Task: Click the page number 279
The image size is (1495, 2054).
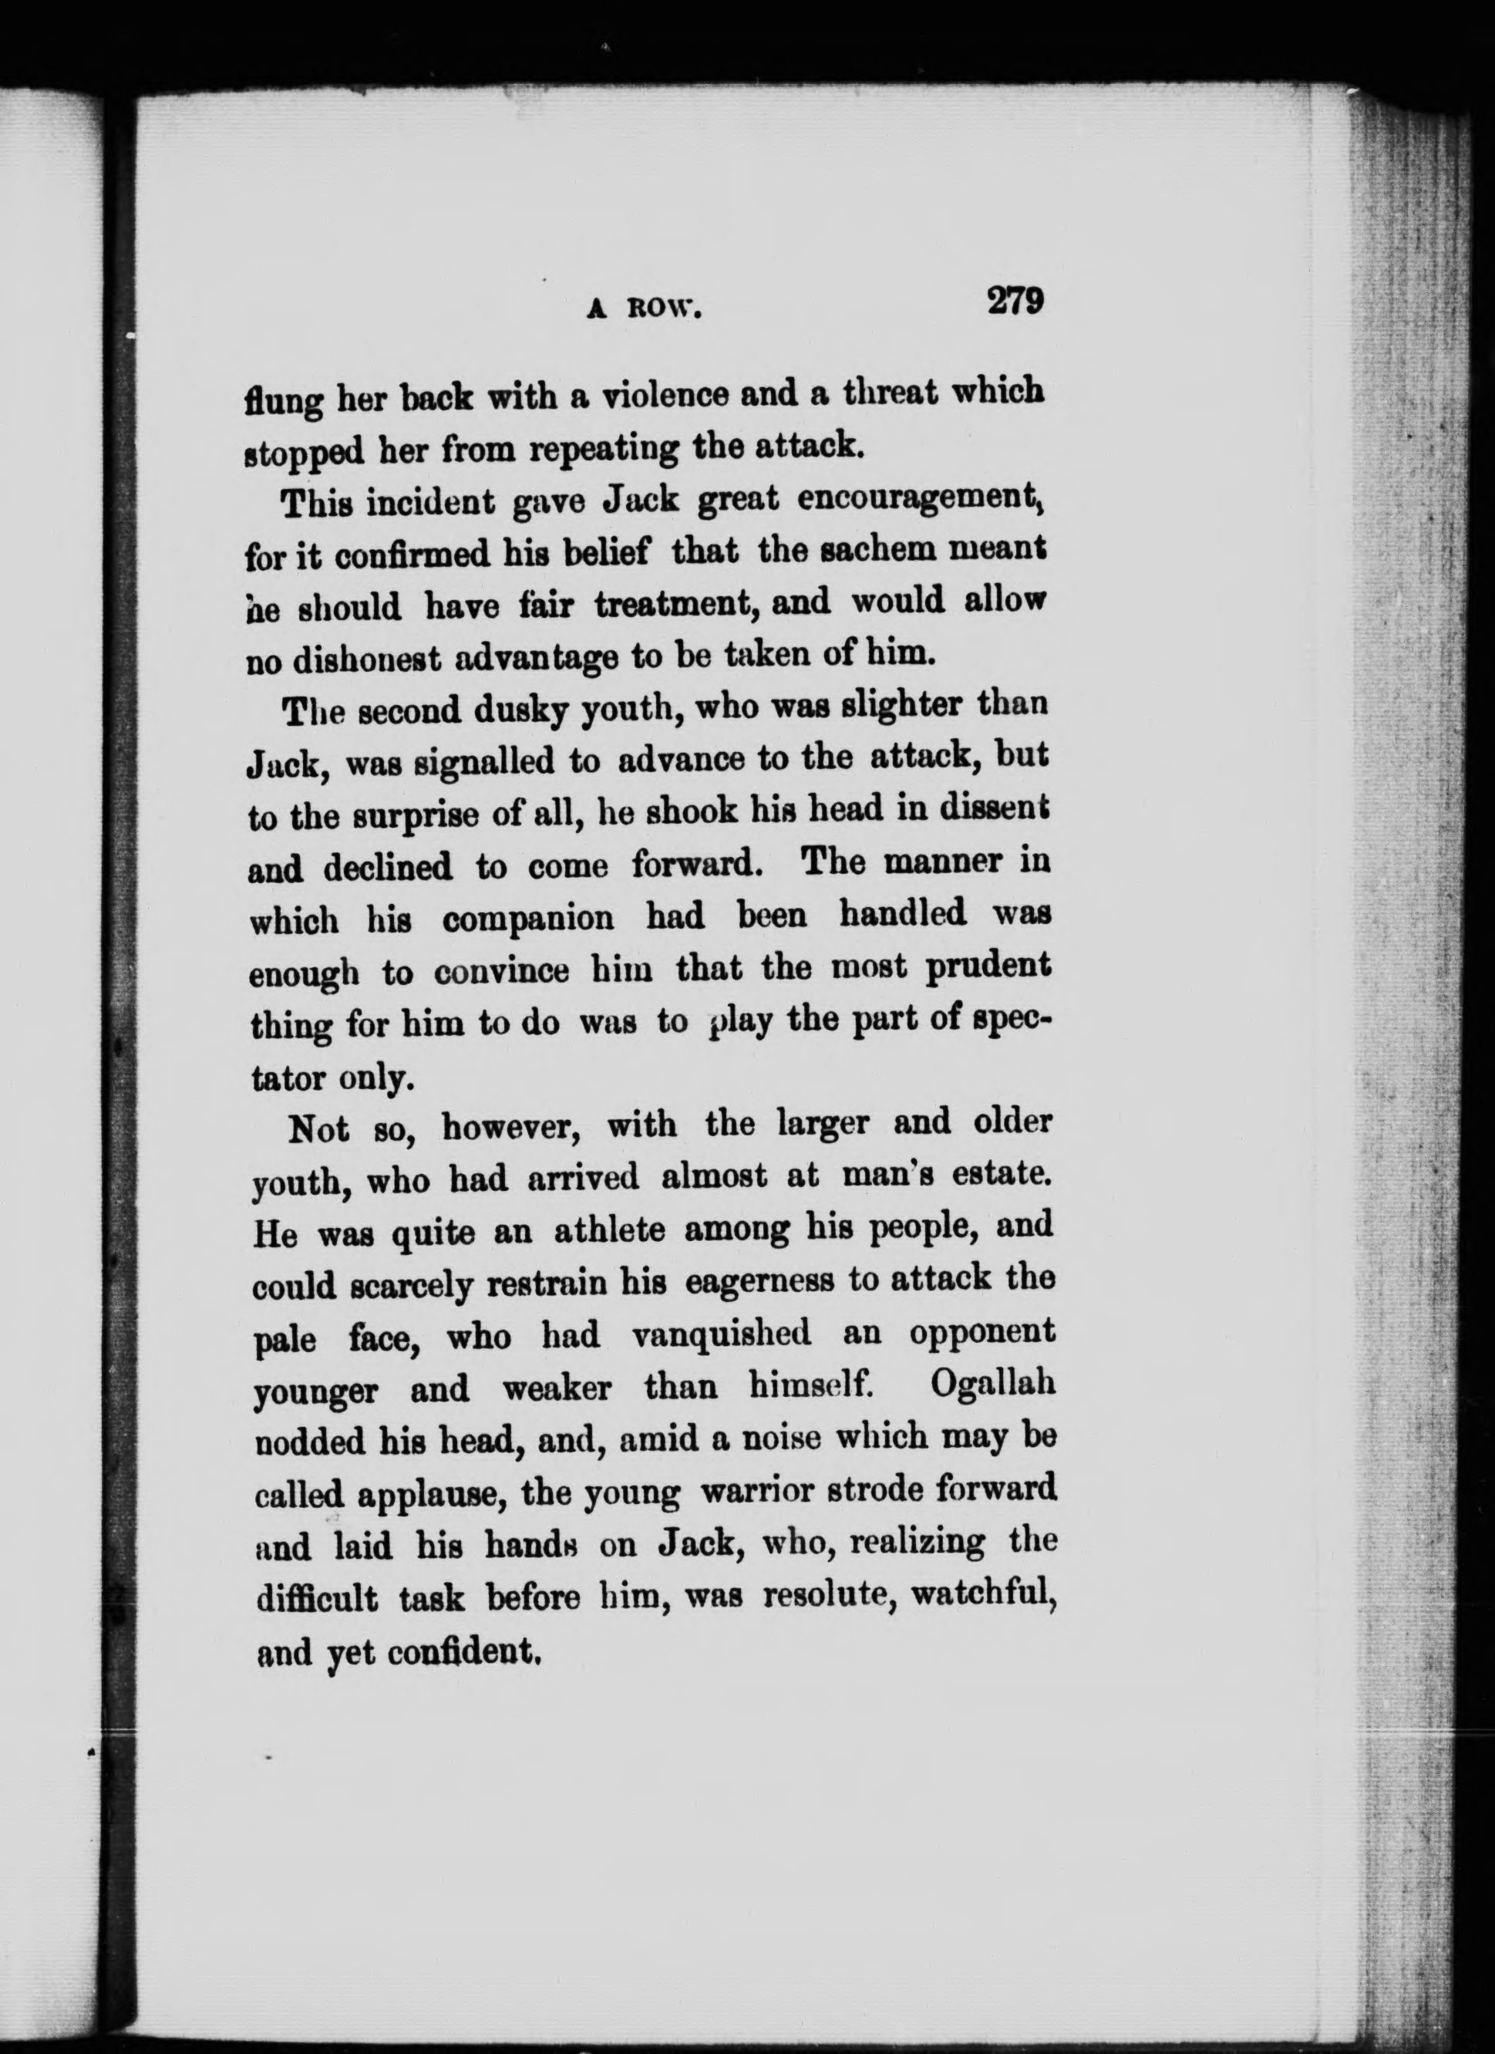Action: point(1016,300)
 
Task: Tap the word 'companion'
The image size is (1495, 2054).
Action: point(528,919)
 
